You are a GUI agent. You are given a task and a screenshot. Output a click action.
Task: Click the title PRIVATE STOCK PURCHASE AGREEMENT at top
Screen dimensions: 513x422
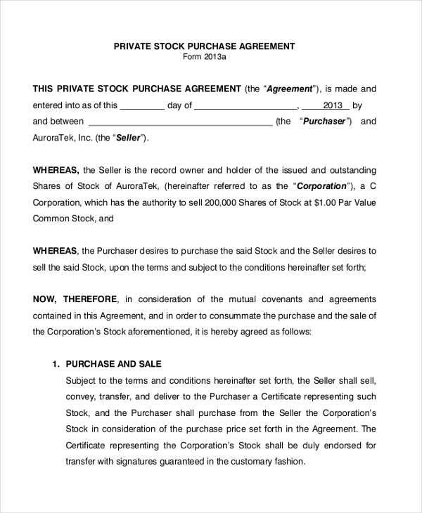[205, 46]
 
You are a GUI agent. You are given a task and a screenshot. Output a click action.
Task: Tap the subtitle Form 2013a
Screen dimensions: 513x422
[205, 57]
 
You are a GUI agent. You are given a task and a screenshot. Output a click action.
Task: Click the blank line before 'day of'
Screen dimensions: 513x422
[142, 106]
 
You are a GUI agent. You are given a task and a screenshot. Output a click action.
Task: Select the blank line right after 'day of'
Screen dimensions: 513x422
[245, 106]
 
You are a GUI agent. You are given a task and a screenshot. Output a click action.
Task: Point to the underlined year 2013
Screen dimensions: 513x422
[333, 105]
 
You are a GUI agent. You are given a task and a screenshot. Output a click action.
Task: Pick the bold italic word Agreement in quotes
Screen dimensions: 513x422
[292, 89]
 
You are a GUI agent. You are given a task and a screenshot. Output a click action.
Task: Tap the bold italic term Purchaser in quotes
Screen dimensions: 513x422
[324, 122]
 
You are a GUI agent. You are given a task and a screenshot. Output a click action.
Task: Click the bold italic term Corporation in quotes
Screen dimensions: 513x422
[322, 186]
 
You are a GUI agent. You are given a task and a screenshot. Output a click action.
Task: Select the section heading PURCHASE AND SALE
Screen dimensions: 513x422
[113, 364]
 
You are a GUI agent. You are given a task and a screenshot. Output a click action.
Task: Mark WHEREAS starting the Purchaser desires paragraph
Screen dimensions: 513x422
[56, 251]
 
